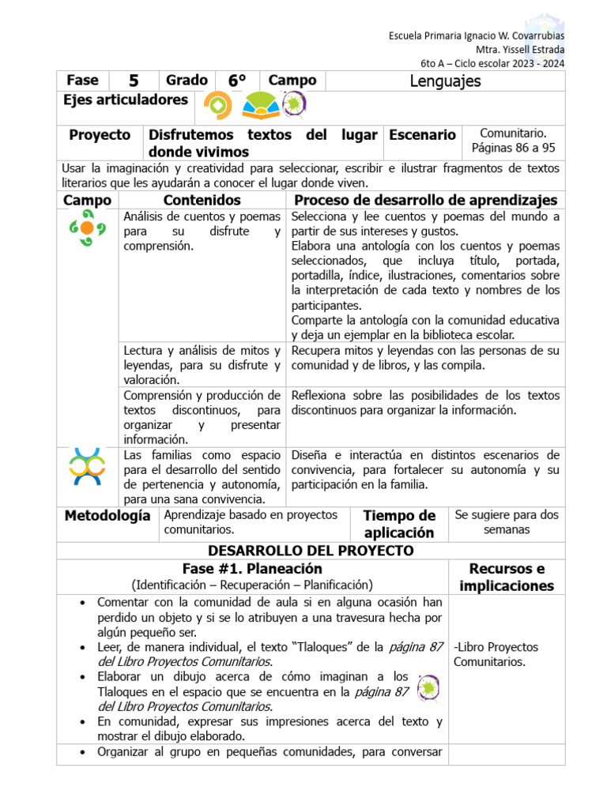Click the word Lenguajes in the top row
point(446,81)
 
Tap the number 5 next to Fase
point(133,81)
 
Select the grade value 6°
point(237,81)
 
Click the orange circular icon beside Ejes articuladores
point(217,104)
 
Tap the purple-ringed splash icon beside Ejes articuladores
point(294,104)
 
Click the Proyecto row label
point(100,135)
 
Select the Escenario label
point(422,135)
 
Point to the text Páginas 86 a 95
point(513,148)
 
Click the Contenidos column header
point(202,200)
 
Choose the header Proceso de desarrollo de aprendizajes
point(425,200)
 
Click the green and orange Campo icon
point(87,228)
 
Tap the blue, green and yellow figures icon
point(87,466)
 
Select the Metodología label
point(107,515)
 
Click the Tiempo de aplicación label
point(399,524)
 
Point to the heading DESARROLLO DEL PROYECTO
point(311,551)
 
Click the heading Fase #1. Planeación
point(252,569)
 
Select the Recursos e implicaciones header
point(506,577)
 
